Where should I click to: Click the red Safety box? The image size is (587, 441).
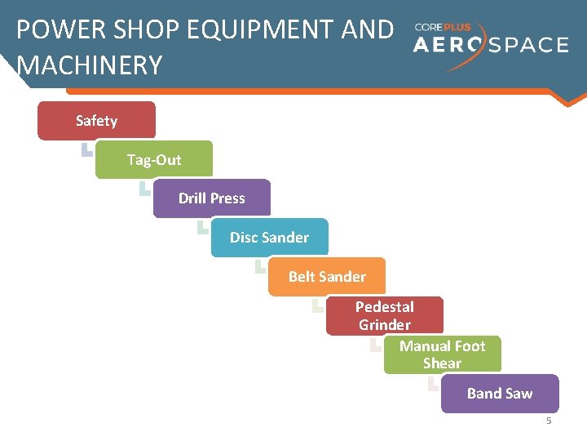point(96,121)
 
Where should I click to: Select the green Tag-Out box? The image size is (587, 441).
point(154,160)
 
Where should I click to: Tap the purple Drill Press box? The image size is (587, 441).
point(211,198)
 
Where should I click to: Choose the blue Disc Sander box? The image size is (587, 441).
point(269,238)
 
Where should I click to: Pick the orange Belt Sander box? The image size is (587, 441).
point(327,277)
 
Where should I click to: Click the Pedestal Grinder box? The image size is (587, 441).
point(385,316)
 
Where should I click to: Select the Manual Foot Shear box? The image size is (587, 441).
point(442,354)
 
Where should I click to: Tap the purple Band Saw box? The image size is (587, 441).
point(500,394)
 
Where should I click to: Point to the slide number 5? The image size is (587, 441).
point(549,421)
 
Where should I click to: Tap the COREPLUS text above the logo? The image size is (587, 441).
point(443,27)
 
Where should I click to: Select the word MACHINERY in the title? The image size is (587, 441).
point(89,65)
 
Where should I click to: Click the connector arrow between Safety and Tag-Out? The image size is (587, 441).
point(86,149)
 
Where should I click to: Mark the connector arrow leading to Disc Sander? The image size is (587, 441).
point(202,227)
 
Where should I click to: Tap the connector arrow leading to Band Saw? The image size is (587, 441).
point(432,384)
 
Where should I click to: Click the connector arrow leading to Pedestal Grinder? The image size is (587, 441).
point(317,305)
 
